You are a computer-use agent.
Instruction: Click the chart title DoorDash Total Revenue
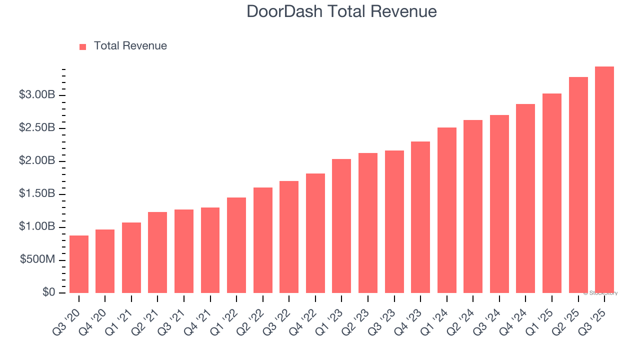(x=342, y=11)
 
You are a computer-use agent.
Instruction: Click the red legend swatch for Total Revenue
(x=83, y=46)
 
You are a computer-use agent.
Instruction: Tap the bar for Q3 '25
(x=604, y=180)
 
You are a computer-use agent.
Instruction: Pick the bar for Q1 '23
(x=341, y=226)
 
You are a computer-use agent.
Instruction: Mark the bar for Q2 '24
(x=473, y=206)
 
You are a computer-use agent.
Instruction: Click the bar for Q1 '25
(x=552, y=193)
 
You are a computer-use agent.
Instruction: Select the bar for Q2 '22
(x=262, y=240)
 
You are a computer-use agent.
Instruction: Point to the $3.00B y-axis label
(x=36, y=95)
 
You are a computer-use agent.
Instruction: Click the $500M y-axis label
(x=37, y=260)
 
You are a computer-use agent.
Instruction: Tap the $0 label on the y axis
(x=48, y=292)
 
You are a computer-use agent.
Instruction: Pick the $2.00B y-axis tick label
(x=36, y=161)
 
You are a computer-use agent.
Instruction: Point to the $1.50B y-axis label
(x=36, y=194)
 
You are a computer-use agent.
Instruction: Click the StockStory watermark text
(x=600, y=293)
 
